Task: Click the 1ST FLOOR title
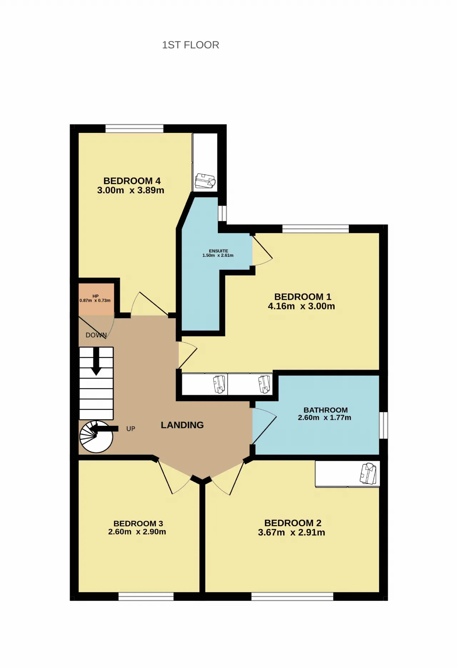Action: click(x=191, y=45)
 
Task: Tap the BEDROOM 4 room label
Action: click(x=132, y=181)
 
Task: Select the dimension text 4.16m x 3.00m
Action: click(x=301, y=306)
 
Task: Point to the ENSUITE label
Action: click(x=219, y=251)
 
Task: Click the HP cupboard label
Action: click(x=95, y=296)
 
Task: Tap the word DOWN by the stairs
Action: click(x=96, y=335)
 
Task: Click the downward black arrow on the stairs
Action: click(x=96, y=361)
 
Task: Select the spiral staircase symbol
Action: click(x=96, y=437)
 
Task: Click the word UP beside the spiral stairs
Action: click(x=131, y=429)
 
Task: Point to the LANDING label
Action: click(x=182, y=425)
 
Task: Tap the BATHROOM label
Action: click(x=326, y=410)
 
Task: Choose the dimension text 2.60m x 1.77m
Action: click(x=325, y=418)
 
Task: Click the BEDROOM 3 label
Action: click(x=138, y=523)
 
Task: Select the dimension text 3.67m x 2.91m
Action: click(x=291, y=533)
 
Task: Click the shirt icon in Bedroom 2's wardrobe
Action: click(x=368, y=473)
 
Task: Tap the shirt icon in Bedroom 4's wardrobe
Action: click(x=205, y=181)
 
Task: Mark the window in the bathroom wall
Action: click(x=383, y=425)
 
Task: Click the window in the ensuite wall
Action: click(x=222, y=213)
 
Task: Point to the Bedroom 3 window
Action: click(x=146, y=596)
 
